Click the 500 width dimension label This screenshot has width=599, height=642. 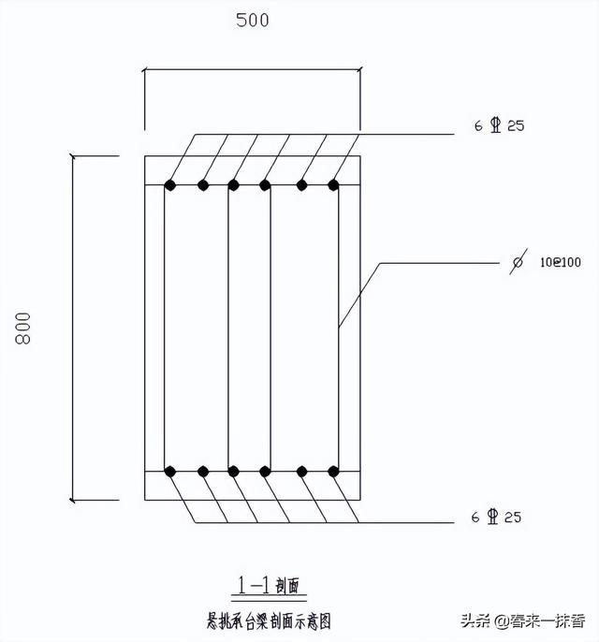[253, 20]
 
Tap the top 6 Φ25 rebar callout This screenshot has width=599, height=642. [498, 126]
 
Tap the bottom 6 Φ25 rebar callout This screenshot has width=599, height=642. [498, 517]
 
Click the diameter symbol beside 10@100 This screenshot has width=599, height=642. [517, 264]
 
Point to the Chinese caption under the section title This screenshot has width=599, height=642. [269, 619]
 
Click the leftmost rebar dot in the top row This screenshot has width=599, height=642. [170, 185]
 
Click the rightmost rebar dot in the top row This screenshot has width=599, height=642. [333, 185]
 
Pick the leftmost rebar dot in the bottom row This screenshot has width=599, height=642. [170, 471]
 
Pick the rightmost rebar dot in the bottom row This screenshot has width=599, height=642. [333, 471]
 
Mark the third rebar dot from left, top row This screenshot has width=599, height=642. [234, 185]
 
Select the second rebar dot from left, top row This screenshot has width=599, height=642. [202, 185]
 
